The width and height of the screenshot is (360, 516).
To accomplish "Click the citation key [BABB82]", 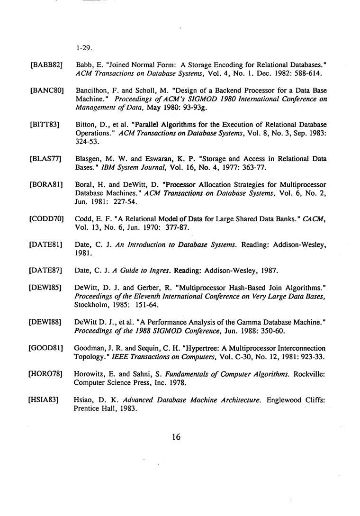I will click(x=46, y=64).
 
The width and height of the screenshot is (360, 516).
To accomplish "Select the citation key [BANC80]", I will click(x=46, y=90).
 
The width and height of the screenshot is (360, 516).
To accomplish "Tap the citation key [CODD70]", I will click(x=46, y=219).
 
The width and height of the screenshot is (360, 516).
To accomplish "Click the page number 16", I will click(x=176, y=437).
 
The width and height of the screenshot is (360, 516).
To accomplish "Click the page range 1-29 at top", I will click(x=83, y=48).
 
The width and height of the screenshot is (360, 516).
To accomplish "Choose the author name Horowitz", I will click(x=90, y=374).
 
